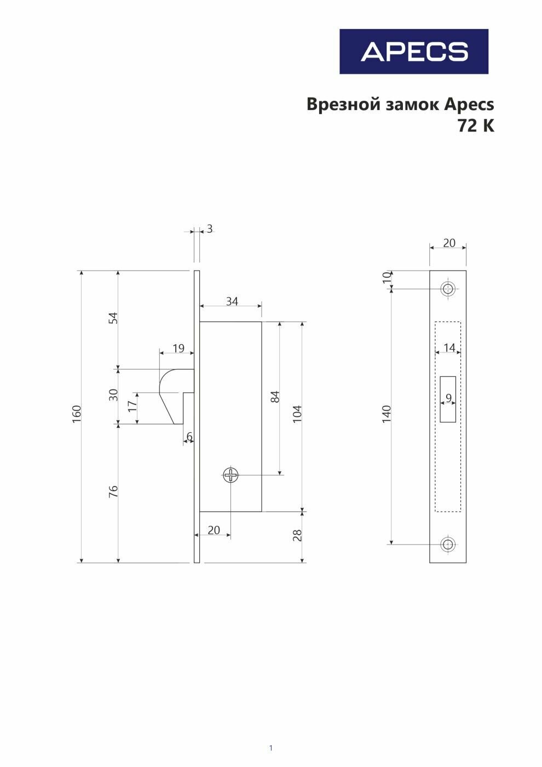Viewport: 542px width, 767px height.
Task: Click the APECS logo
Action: (413, 51)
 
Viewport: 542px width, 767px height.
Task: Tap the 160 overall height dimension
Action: (77, 412)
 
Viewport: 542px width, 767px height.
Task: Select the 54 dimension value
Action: (113, 318)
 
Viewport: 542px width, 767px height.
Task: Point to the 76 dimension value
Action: (113, 491)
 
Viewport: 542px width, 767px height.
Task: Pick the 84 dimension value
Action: (275, 397)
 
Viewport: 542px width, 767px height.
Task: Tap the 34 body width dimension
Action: (232, 301)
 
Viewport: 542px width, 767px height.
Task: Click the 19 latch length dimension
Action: (178, 348)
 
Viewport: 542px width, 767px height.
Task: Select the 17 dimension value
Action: (131, 406)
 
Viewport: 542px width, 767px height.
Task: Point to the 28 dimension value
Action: (297, 535)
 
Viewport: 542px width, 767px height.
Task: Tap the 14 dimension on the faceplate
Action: (449, 348)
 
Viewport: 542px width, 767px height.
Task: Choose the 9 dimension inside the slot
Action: (449, 398)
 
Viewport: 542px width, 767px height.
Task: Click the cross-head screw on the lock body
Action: (231, 475)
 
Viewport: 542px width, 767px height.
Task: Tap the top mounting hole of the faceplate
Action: (448, 289)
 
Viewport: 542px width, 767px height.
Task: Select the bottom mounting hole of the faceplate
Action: (448, 544)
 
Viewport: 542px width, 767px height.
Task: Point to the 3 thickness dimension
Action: (210, 229)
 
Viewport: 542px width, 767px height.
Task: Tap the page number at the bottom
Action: (270, 748)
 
